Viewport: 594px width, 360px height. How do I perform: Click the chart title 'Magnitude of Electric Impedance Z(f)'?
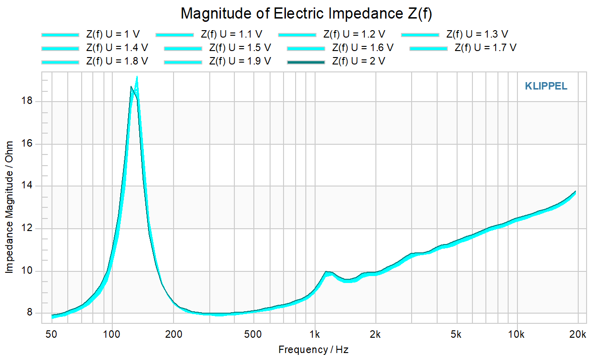tap(306, 13)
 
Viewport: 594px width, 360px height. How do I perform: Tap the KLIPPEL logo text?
tap(546, 86)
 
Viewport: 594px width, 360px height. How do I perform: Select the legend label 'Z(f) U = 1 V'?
tap(113, 34)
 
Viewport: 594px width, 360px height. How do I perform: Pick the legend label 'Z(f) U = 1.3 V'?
tap(477, 34)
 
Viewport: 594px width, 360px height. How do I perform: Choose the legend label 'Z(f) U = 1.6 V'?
tap(363, 48)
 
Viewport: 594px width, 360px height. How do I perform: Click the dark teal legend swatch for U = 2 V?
tap(306, 62)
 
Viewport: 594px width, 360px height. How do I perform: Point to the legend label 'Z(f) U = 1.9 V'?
tap(240, 61)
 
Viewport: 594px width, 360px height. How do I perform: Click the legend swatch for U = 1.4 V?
tap(60, 49)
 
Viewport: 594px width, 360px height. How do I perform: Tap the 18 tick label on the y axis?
tap(26, 101)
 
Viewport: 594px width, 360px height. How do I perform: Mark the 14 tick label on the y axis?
tap(26, 185)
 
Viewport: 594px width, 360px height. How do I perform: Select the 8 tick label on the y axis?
tap(29, 312)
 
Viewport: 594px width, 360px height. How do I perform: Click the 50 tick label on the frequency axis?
tap(51, 334)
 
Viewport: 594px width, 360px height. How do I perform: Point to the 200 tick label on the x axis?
tap(174, 334)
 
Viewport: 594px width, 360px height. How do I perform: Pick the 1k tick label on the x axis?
tap(315, 334)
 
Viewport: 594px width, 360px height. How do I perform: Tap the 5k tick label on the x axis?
tap(456, 334)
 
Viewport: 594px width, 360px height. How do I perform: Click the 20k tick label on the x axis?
tap(577, 334)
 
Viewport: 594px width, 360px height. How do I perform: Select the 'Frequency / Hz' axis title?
tap(313, 350)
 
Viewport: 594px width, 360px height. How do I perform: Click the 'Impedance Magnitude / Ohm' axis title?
tap(9, 207)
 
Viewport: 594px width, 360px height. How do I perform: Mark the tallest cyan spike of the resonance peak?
tap(137, 77)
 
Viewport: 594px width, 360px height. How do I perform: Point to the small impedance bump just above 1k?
tap(327, 272)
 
